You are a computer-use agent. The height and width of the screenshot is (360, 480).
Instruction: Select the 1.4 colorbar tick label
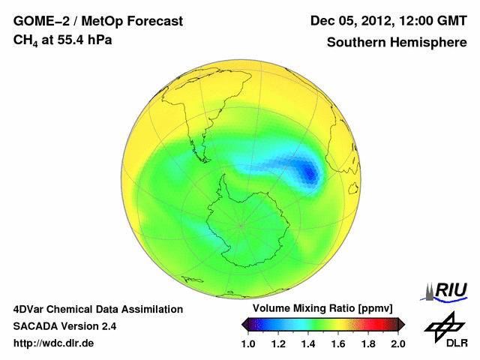click(x=307, y=343)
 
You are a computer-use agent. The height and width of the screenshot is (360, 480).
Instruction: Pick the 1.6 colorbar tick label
click(x=337, y=343)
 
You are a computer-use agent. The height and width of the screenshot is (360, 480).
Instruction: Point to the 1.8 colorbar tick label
click(x=367, y=343)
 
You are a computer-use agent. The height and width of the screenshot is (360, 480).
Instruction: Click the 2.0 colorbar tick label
click(x=397, y=343)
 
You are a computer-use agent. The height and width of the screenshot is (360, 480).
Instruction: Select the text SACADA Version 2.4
click(x=64, y=326)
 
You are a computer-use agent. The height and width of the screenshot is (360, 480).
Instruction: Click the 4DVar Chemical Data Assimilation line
click(x=97, y=309)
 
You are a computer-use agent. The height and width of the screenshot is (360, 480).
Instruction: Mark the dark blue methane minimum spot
click(x=309, y=172)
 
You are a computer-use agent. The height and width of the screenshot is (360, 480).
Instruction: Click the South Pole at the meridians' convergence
click(x=241, y=225)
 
